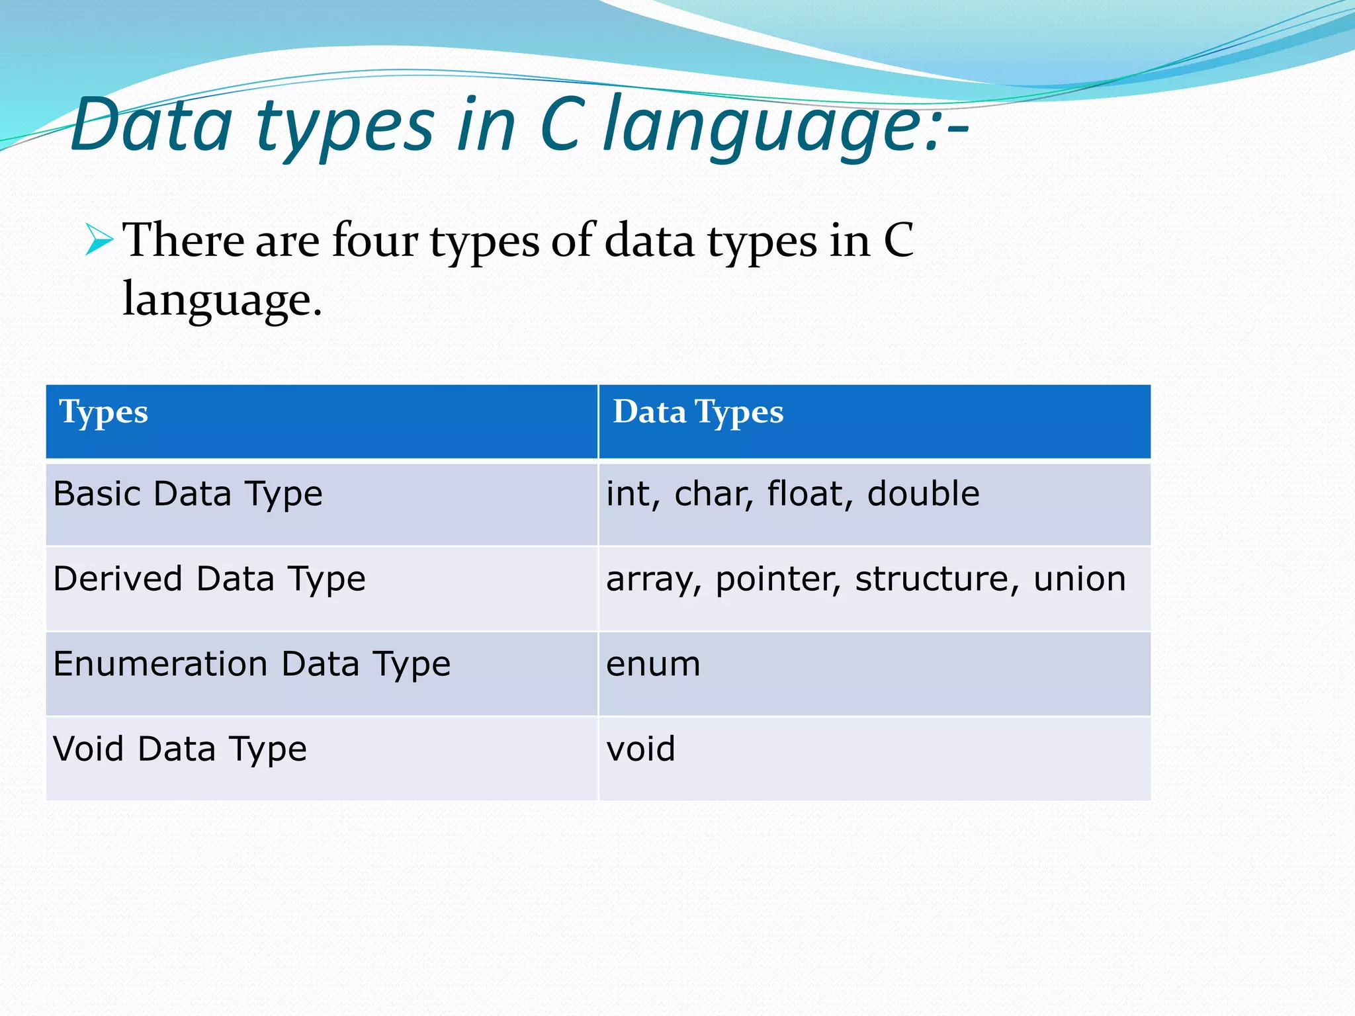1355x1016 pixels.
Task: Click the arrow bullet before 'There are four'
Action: point(100,240)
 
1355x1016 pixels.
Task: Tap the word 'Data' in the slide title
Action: point(152,126)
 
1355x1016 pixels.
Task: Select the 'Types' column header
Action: point(104,413)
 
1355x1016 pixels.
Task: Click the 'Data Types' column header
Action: point(698,413)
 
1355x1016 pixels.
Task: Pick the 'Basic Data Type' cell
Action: point(188,495)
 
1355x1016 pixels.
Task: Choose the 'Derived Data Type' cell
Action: point(209,579)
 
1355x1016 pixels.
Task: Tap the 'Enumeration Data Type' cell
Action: point(251,664)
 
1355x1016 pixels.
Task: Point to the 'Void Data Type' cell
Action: point(180,749)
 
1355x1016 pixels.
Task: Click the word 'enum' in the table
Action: point(653,664)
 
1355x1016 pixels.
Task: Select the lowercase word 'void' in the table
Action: point(640,749)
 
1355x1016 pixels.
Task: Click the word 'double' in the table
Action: point(923,494)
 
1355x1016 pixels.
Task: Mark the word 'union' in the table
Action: point(1079,579)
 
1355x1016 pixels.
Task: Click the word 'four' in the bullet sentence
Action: point(374,240)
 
